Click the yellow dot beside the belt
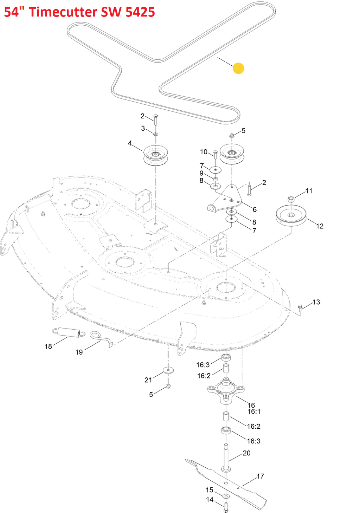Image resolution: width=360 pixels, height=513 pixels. pyautogui.click(x=238, y=68)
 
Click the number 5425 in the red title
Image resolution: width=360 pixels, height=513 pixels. pyautogui.click(x=140, y=12)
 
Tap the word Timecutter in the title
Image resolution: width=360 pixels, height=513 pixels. pyautogui.click(x=63, y=12)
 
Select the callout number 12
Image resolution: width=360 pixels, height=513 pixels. pyautogui.click(x=320, y=226)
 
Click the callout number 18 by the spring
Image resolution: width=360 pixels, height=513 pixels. pyautogui.click(x=48, y=346)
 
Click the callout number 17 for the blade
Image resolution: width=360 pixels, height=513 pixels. pyautogui.click(x=260, y=476)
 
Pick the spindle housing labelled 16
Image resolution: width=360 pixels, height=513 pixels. pyautogui.click(x=226, y=390)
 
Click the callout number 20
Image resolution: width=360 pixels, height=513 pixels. pyautogui.click(x=246, y=453)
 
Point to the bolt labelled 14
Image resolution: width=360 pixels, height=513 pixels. pyautogui.click(x=226, y=506)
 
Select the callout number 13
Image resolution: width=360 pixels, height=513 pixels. pyautogui.click(x=316, y=302)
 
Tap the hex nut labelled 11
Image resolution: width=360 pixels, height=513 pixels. pyautogui.click(x=291, y=199)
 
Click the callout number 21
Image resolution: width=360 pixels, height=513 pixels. pyautogui.click(x=148, y=380)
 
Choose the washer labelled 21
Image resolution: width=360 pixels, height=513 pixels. pyautogui.click(x=168, y=370)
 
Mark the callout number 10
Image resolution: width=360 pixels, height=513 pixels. pyautogui.click(x=204, y=152)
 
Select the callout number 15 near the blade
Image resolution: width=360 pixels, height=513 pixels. pyautogui.click(x=210, y=490)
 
